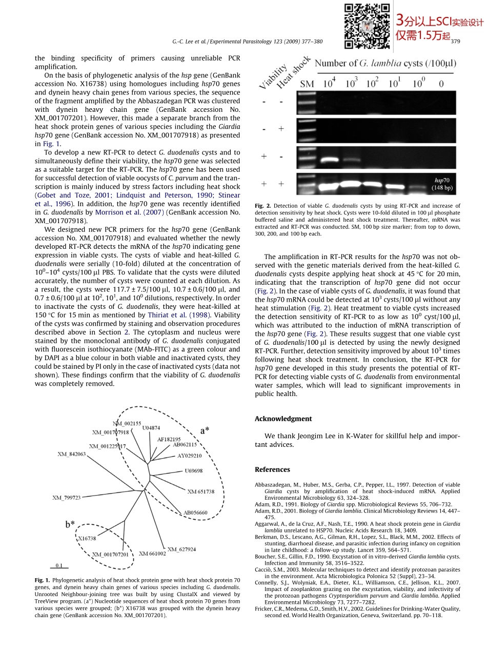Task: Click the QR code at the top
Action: tap(367, 26)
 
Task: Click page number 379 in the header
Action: tap(455, 42)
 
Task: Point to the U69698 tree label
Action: tap(193, 470)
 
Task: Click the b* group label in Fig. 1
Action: tap(70, 524)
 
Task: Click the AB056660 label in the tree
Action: tap(195, 513)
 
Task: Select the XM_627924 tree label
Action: tap(181, 549)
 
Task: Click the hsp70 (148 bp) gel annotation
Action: tap(441, 184)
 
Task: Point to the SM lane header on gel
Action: tap(307, 84)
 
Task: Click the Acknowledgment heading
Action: tap(283, 419)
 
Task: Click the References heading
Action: tap(272, 469)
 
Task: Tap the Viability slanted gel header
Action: tap(272, 77)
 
